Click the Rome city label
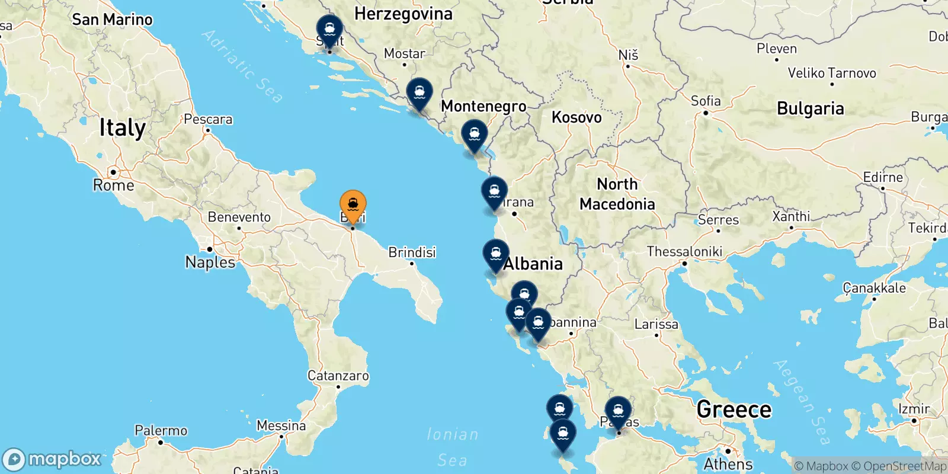pyautogui.click(x=114, y=185)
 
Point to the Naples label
pyautogui.click(x=210, y=262)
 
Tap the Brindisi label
pyautogui.click(x=412, y=252)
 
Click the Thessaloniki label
pyautogui.click(x=684, y=252)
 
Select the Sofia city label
pyautogui.click(x=706, y=101)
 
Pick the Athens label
pyautogui.click(x=728, y=464)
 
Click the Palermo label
pyautogui.click(x=161, y=431)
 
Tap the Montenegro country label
pyautogui.click(x=483, y=106)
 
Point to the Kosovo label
pyautogui.click(x=577, y=117)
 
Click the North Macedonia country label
pyautogui.click(x=617, y=194)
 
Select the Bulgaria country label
pyautogui.click(x=810, y=109)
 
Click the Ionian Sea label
pyautogui.click(x=453, y=447)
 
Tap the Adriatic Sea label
pyautogui.click(x=243, y=66)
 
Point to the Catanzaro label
pyautogui.click(x=338, y=376)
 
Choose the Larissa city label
pyautogui.click(x=656, y=324)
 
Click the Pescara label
pyautogui.click(x=208, y=120)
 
